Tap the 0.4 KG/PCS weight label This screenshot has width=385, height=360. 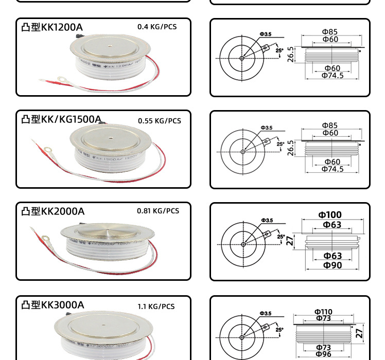157,27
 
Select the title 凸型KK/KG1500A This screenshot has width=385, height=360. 61,119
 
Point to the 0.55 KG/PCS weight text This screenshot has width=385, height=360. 160,121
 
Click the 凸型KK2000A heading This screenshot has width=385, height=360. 53,211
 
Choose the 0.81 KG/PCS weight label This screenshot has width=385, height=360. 158,211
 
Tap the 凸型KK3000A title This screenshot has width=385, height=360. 52,305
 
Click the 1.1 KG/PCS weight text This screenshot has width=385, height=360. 156,307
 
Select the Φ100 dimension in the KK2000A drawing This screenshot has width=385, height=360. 329,215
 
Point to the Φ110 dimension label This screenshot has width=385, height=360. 323,312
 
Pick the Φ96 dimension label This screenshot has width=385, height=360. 323,354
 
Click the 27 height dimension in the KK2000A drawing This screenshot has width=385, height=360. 290,240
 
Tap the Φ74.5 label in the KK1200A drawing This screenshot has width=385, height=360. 332,76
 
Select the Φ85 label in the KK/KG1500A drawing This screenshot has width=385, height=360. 330,125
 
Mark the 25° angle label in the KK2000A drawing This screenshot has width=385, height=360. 281,237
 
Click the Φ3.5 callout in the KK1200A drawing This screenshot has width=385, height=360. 266,34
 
